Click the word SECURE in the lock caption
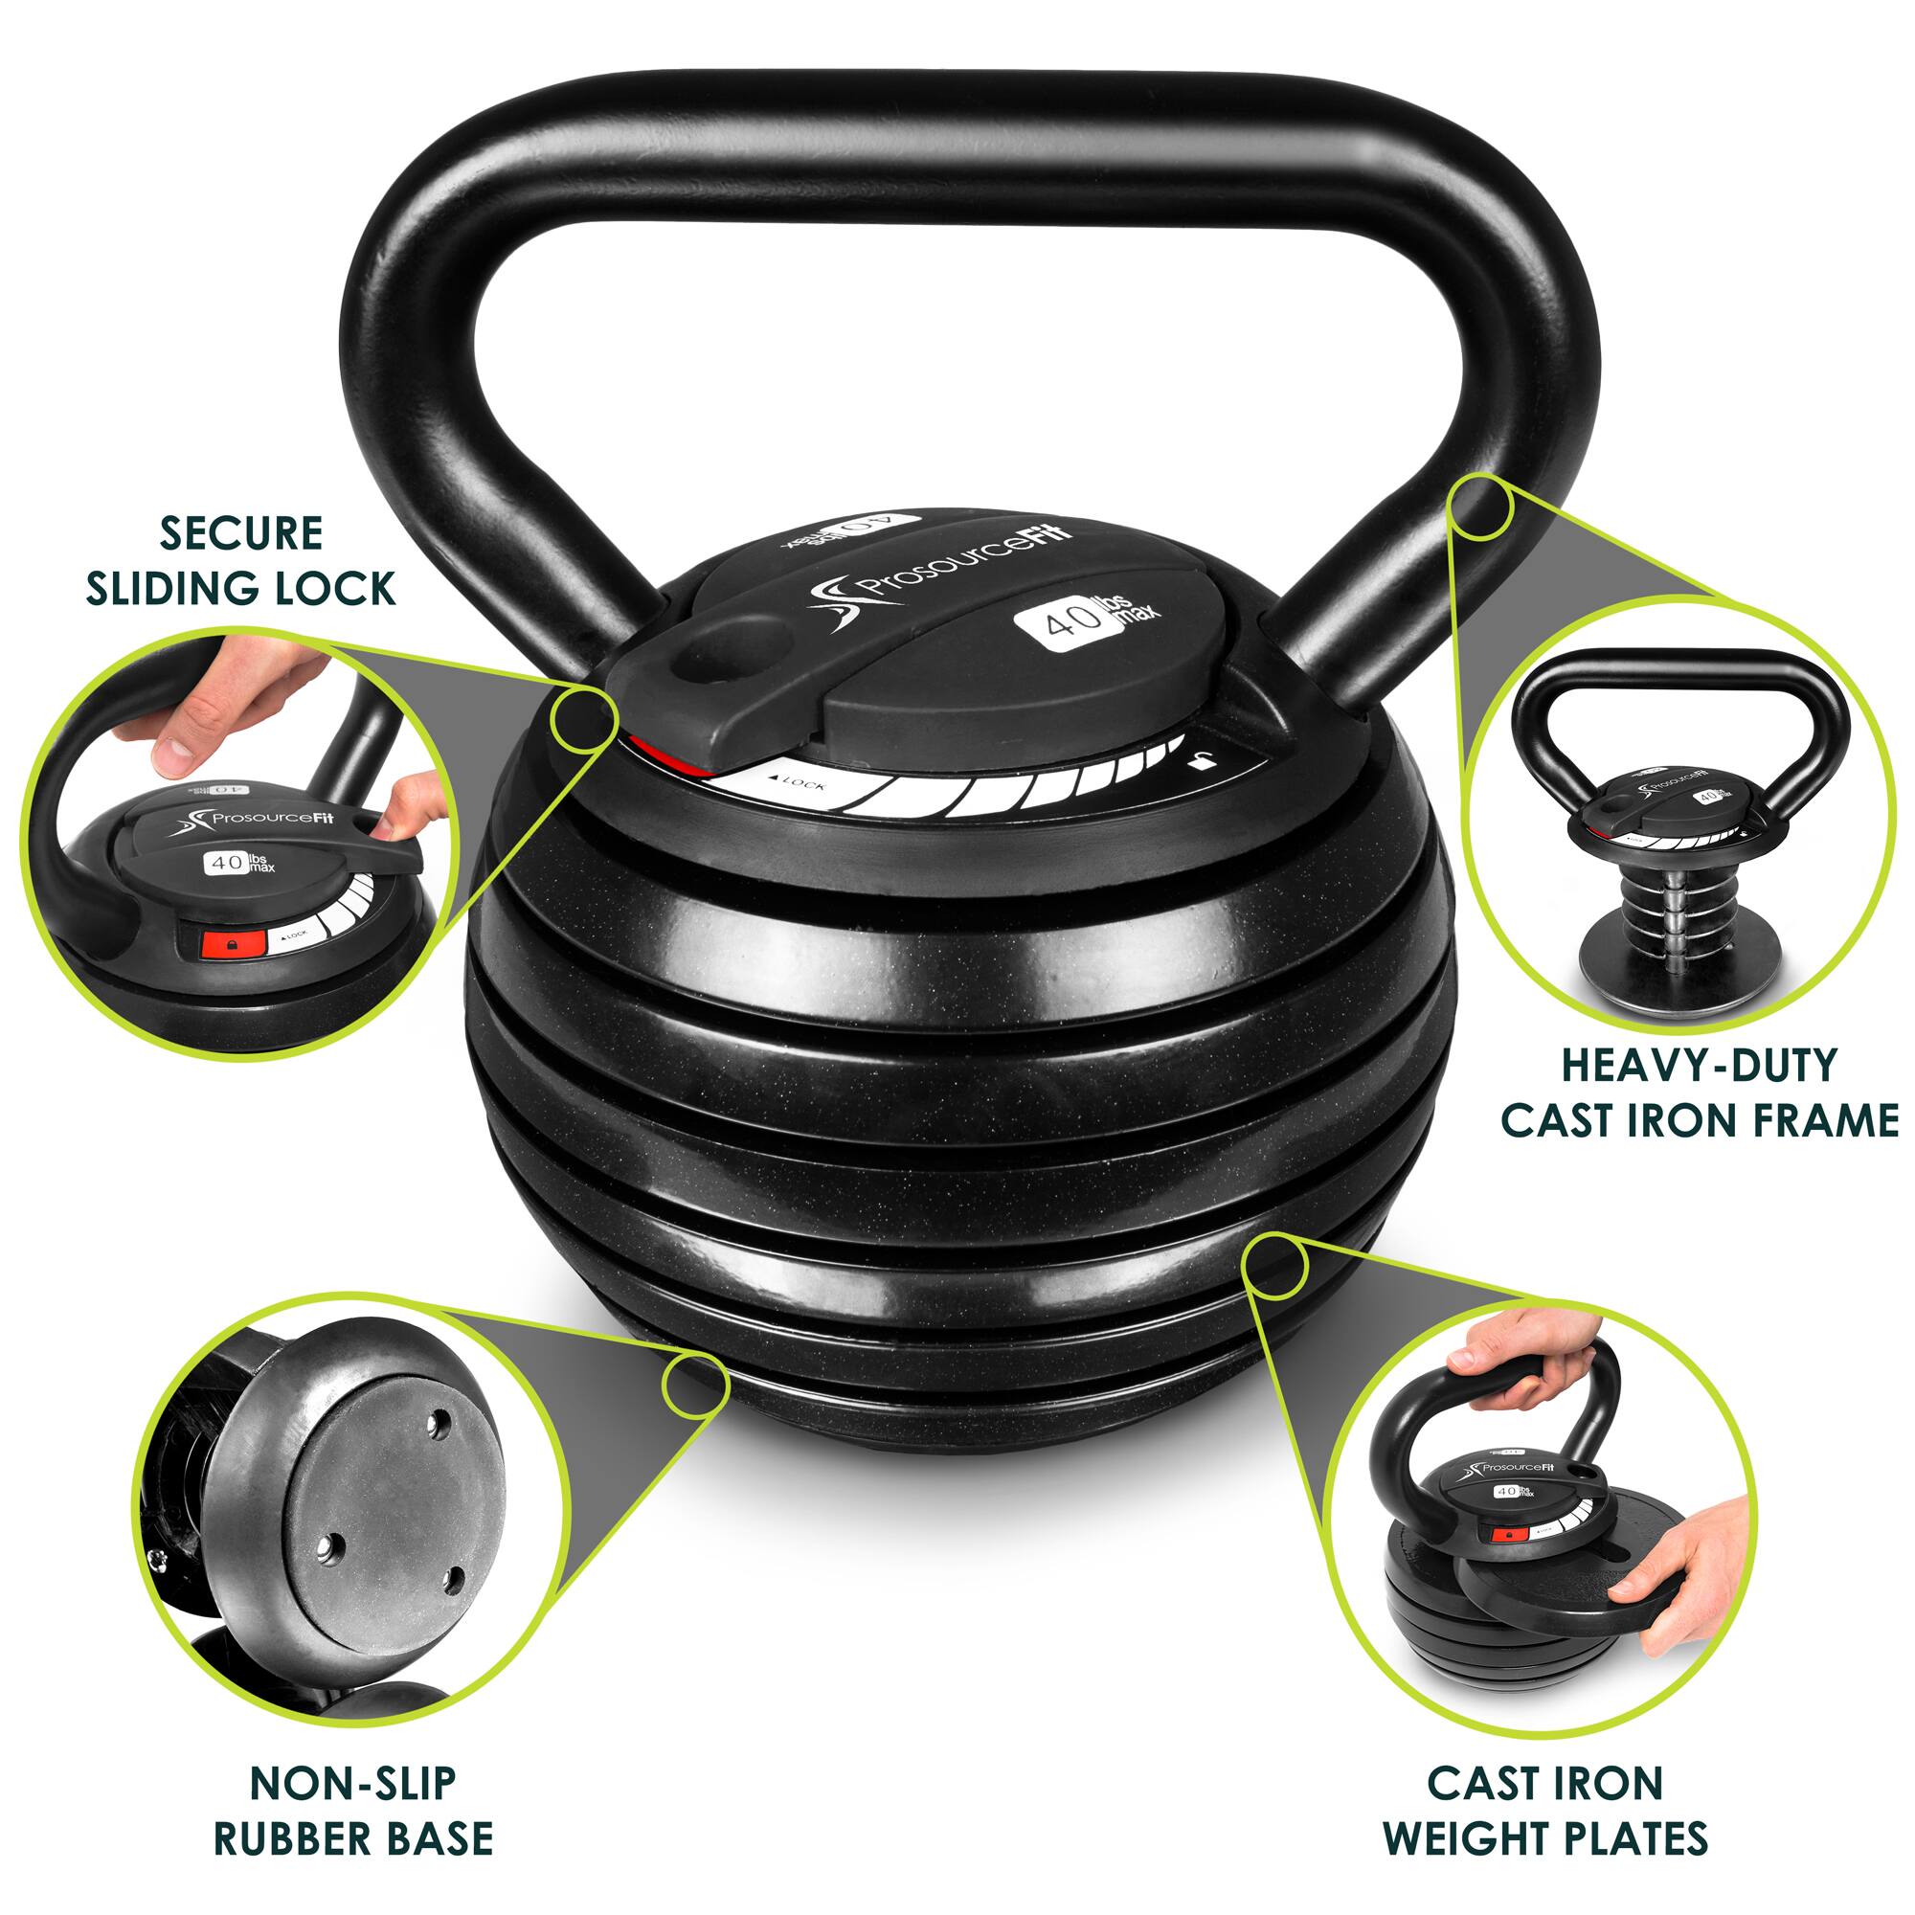[241, 534]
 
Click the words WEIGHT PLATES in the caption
[1545, 1811]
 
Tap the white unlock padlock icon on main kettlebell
[1202, 761]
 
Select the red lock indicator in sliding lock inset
[229, 945]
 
